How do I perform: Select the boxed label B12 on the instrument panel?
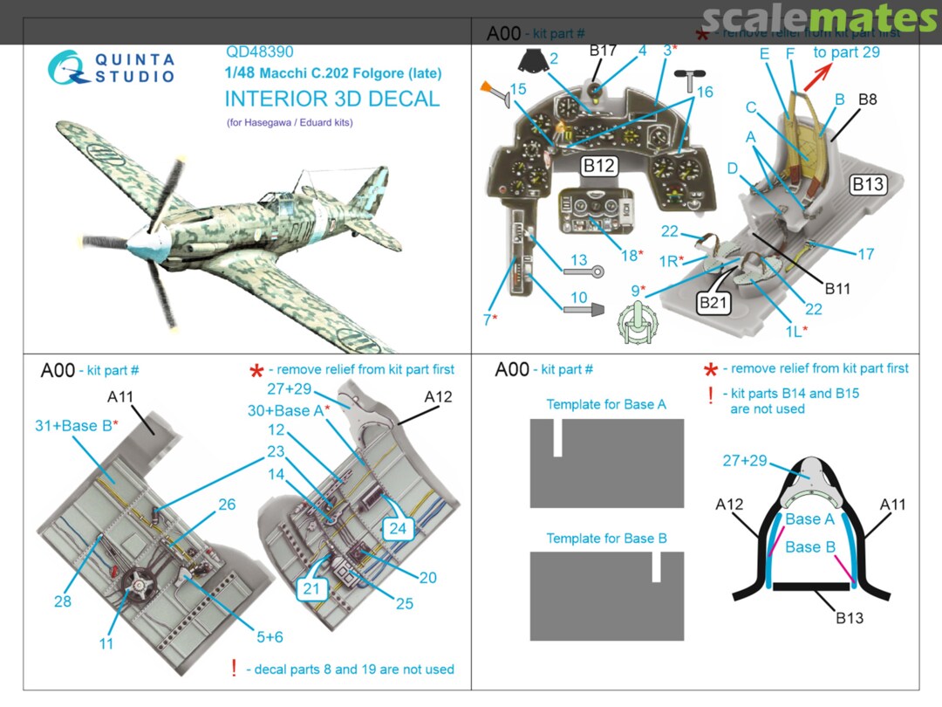pyautogui.click(x=599, y=166)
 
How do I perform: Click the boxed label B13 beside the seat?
pyautogui.click(x=868, y=184)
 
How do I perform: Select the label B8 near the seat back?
pyautogui.click(x=867, y=100)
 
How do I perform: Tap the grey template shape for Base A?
pyautogui.click(x=606, y=463)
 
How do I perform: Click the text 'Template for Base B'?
pyautogui.click(x=606, y=539)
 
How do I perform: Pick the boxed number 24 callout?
pyautogui.click(x=399, y=527)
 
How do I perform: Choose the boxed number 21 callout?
pyautogui.click(x=312, y=589)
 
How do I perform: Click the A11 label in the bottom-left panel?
pyautogui.click(x=120, y=397)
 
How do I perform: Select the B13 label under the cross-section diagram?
pyautogui.click(x=849, y=618)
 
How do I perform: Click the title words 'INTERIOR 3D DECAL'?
pyautogui.click(x=331, y=99)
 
